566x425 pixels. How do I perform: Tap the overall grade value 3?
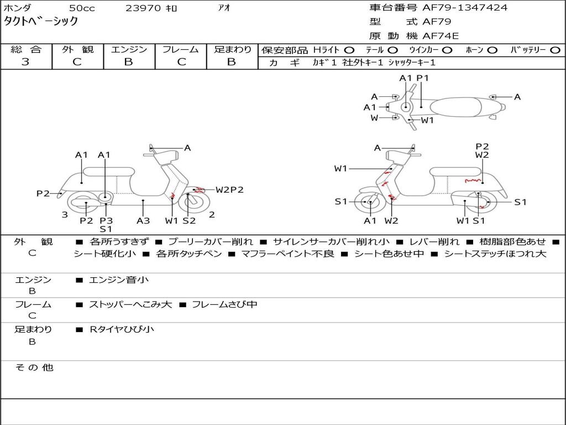pos(25,62)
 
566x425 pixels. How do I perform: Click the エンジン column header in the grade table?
pos(129,50)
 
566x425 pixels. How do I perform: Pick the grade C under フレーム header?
pos(181,62)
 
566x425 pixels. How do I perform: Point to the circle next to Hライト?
pos(349,50)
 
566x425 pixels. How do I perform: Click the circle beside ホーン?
pos(492,50)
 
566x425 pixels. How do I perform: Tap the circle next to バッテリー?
pos(555,50)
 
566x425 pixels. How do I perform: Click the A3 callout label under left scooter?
pos(143,220)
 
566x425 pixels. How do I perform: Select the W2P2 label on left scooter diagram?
pos(229,190)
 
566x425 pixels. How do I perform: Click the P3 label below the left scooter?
pos(106,220)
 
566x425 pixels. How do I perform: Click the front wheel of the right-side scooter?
pos(369,203)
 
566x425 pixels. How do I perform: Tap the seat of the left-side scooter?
pos(108,171)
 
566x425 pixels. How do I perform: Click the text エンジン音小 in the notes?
pos(119,280)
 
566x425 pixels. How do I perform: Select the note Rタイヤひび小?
pos(122,329)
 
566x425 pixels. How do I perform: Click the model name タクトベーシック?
pos(41,22)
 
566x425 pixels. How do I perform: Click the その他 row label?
pos(33,367)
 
